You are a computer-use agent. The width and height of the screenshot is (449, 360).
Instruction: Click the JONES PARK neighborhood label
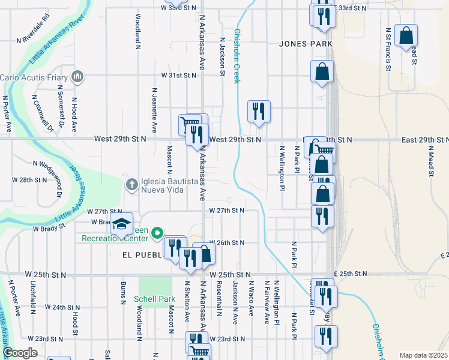point(306,44)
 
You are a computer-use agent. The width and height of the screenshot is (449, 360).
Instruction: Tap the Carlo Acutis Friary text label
point(34,77)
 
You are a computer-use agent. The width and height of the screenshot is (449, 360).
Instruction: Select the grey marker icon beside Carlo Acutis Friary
point(77,77)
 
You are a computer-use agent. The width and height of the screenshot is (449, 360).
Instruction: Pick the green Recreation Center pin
point(157,233)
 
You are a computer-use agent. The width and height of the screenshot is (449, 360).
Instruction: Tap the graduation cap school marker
point(121,224)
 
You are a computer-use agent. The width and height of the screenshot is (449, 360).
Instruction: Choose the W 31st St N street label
point(178,76)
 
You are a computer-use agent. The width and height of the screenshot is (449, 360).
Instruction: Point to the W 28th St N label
point(29,179)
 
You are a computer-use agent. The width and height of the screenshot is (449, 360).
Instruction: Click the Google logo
point(20,353)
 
